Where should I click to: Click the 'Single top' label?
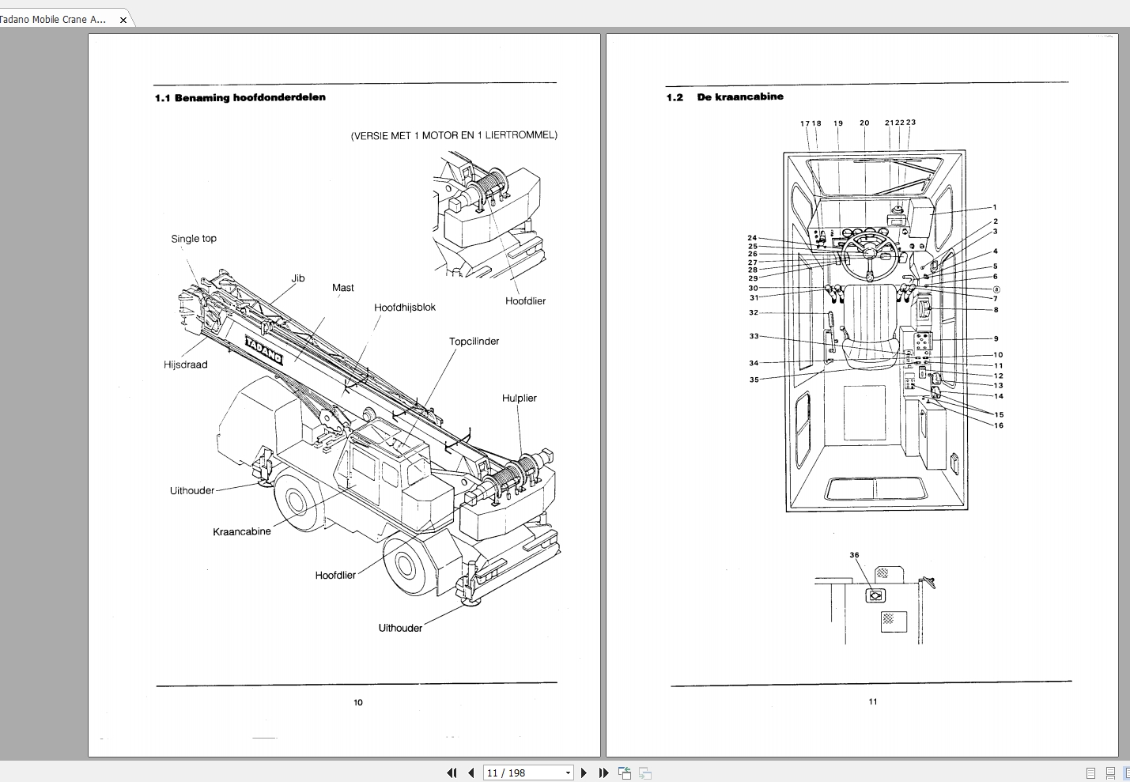(194, 239)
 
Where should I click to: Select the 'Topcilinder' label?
(474, 342)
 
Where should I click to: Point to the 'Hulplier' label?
(519, 399)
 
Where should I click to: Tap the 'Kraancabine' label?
(242, 532)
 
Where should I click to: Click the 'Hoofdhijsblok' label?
(405, 308)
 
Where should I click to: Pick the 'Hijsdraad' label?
(186, 365)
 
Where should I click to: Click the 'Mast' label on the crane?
(342, 288)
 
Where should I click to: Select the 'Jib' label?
(298, 278)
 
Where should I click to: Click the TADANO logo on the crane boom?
(263, 349)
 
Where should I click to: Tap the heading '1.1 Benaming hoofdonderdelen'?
(240, 98)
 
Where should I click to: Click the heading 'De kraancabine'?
(740, 97)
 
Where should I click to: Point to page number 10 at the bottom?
(358, 702)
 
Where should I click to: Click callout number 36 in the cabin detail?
(854, 555)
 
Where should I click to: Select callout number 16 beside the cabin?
(999, 425)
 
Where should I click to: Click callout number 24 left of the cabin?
(752, 238)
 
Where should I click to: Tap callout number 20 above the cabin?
(864, 123)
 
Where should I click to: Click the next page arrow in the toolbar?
(584, 773)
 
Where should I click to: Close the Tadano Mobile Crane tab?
(123, 20)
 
